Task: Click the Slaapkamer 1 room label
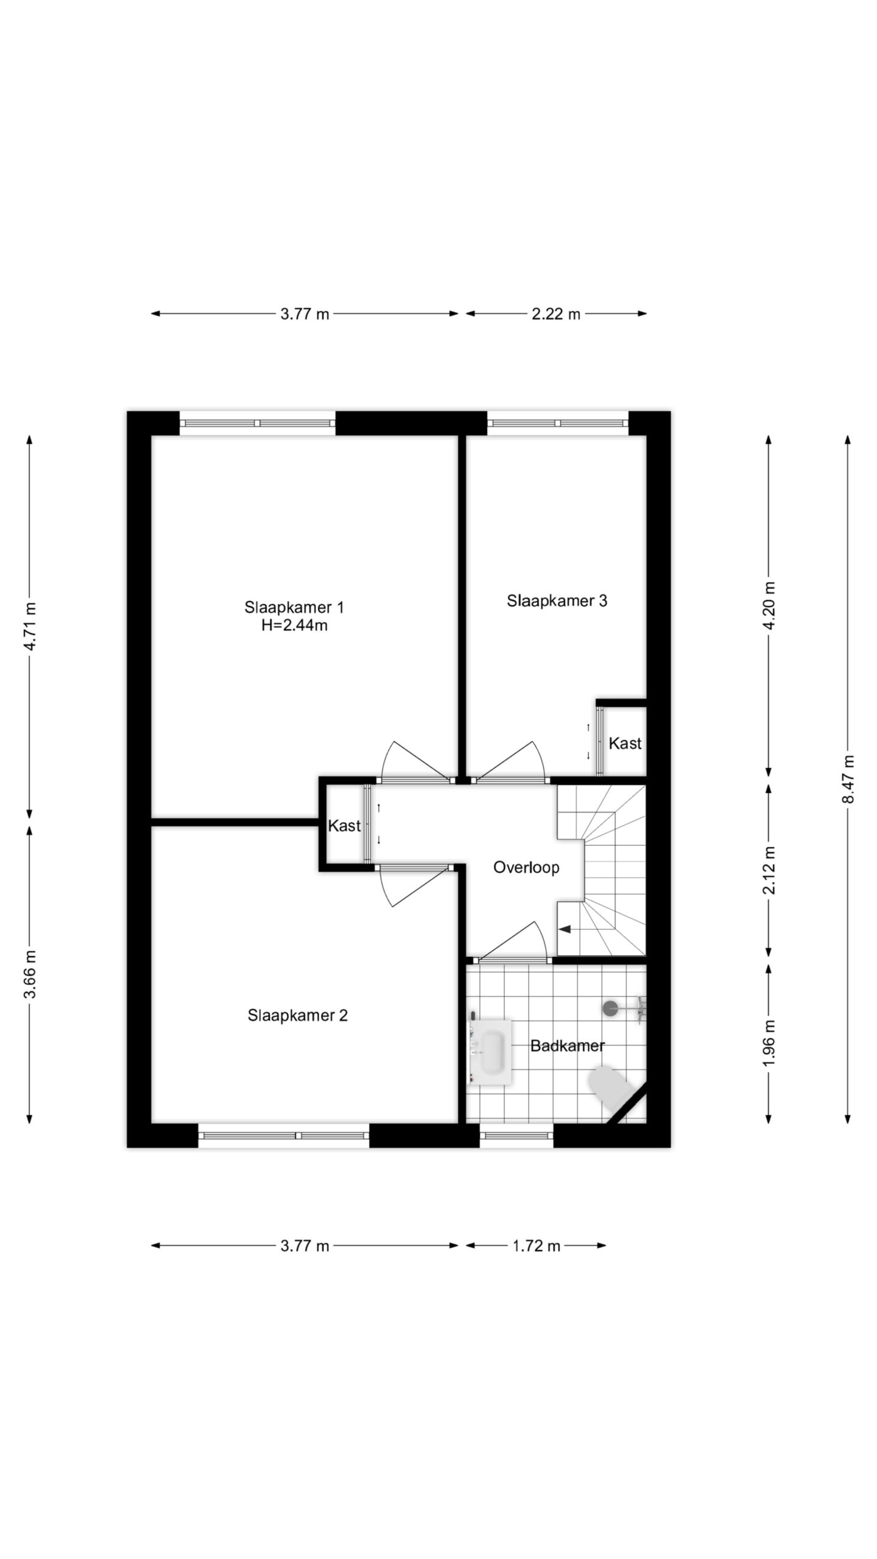click(x=294, y=607)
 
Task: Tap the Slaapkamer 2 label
click(x=297, y=1015)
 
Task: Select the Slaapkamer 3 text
click(x=557, y=601)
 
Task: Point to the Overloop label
click(x=526, y=867)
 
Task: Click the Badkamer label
click(x=567, y=1046)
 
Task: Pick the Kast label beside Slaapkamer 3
click(x=625, y=743)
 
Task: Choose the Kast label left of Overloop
click(x=344, y=826)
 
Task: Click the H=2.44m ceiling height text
click(x=294, y=625)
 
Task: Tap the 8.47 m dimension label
click(x=848, y=779)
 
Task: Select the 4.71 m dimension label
click(x=30, y=627)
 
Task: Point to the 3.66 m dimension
click(x=30, y=974)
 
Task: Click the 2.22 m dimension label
click(x=556, y=314)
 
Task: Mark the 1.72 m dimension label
click(x=536, y=1246)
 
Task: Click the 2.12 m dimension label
click(x=770, y=870)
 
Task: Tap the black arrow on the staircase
click(x=565, y=929)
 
